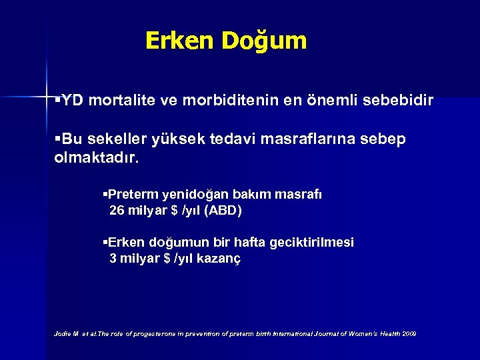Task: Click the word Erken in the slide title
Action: tap(175, 41)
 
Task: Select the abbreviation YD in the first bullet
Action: tap(73, 101)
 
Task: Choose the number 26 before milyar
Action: tap(117, 211)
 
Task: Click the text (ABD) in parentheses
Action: tap(223, 211)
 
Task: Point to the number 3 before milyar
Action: tap(113, 259)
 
